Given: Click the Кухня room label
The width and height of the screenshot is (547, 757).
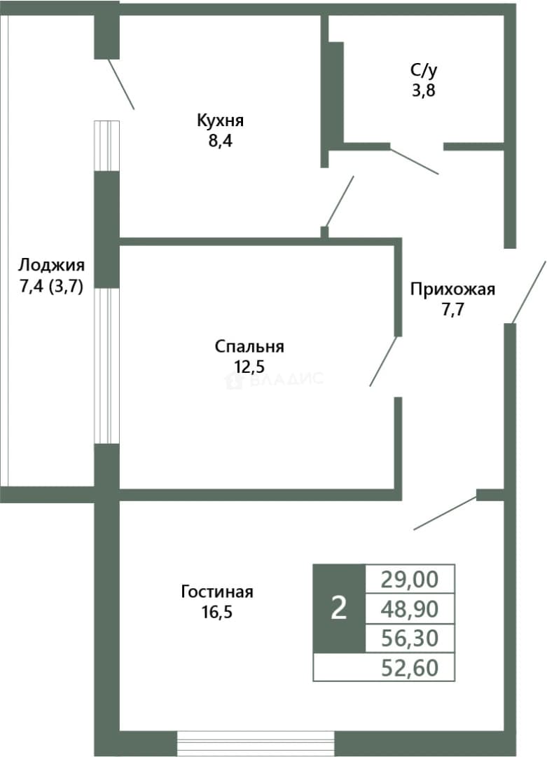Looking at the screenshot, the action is (220, 121).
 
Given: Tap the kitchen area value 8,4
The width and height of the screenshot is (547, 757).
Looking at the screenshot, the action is (221, 142).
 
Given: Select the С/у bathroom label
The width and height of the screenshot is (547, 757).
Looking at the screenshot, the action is (424, 71).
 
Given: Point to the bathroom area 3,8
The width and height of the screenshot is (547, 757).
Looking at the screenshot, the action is (424, 90).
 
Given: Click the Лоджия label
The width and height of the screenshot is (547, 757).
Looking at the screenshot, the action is (51, 266).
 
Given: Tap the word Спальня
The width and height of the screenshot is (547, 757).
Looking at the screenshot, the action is (249, 347).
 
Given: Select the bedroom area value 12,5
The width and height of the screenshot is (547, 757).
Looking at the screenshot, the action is (249, 367).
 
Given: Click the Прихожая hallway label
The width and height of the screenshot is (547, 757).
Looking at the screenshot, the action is (452, 289).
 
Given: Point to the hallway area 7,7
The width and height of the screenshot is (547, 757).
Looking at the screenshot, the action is (452, 310).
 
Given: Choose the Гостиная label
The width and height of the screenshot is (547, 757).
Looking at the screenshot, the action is (217, 592).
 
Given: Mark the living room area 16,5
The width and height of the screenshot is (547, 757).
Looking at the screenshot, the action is (217, 612).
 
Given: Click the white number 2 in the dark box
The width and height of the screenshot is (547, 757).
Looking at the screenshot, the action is (339, 608).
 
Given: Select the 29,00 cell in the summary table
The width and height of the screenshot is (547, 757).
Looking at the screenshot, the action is (410, 579).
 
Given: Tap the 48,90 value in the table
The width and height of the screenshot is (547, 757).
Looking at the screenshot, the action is (410, 609).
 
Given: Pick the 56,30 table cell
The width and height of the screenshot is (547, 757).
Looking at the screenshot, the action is (410, 639).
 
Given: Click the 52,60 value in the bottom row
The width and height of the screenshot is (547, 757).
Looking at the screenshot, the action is (410, 668).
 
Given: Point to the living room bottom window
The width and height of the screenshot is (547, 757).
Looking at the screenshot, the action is (256, 744).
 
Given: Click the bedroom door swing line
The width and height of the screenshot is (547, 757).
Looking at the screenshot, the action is (383, 362).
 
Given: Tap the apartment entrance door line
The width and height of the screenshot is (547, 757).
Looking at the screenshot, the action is (529, 292).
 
